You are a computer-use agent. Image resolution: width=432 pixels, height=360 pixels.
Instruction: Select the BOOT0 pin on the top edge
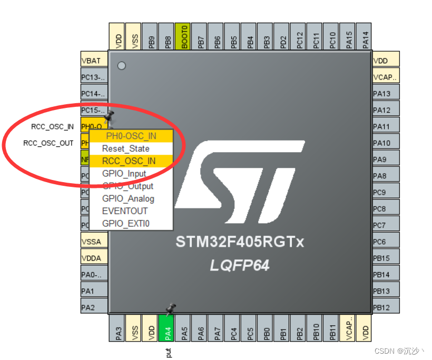point(183,37)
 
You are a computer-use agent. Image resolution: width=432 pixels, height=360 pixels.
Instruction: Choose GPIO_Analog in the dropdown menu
point(128,198)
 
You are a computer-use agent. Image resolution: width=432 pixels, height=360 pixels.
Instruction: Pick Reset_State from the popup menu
point(125,148)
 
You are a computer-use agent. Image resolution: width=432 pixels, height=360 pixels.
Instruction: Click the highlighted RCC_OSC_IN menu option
point(129,161)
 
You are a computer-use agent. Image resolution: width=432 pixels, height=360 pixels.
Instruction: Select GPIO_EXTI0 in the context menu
point(125,224)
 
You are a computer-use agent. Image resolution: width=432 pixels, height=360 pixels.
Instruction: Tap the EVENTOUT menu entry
point(125,211)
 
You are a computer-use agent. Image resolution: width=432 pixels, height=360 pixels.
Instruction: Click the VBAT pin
point(93,61)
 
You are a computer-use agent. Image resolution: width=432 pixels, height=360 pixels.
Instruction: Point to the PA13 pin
point(385,94)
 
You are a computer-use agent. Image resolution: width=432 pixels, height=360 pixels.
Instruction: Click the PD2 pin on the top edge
point(283,37)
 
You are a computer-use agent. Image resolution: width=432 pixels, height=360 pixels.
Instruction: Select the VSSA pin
point(93,242)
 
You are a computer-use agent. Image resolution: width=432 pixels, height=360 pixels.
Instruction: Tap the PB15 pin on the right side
point(385,258)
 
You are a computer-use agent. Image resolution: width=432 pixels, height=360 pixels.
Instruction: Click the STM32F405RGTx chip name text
point(240,242)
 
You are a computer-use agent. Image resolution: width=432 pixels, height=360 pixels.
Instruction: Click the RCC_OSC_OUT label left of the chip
point(48,143)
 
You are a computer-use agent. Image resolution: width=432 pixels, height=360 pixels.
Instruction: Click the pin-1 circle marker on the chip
point(122,66)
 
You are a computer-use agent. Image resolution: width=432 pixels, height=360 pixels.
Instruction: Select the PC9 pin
point(385,193)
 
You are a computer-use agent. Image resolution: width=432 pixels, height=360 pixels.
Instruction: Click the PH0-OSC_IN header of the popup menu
point(131,136)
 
